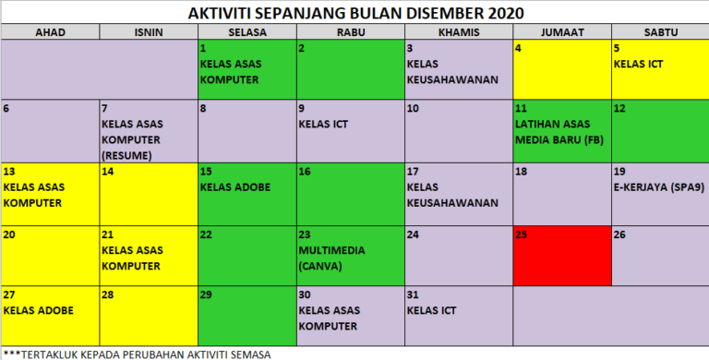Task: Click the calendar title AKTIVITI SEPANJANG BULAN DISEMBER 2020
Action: [355, 13]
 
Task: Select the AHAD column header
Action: [50, 32]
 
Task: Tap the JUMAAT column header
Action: [561, 32]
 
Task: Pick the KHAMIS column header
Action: [458, 32]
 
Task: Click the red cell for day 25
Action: [561, 254]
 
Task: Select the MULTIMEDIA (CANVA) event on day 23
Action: [332, 258]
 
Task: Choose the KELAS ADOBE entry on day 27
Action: [38, 310]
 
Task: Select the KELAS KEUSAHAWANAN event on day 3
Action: [452, 71]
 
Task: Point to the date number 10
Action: [413, 109]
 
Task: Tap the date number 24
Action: [413, 234]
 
